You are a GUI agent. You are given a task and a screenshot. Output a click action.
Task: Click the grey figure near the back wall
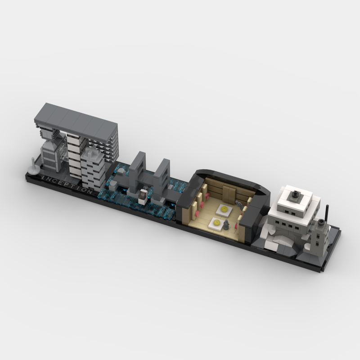pyautogui.click(x=240, y=204)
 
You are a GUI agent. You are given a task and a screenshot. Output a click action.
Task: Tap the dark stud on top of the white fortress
pyautogui.click(x=295, y=195)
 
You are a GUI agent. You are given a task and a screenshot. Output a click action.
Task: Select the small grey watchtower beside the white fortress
pyautogui.click(x=320, y=236)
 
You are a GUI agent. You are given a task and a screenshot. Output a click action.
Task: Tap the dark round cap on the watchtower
pyautogui.click(x=321, y=222)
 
